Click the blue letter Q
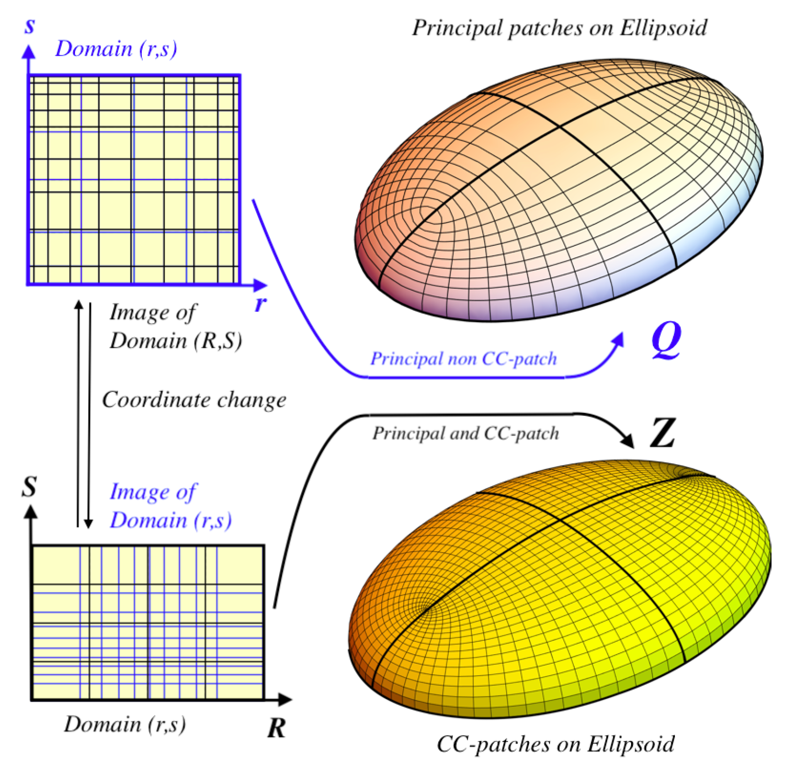666,340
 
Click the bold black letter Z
662,433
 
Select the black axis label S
29,486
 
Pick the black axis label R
276,728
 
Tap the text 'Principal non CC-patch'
464,358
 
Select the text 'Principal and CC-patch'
465,433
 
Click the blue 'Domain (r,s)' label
116,49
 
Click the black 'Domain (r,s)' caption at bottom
125,724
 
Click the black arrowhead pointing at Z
628,441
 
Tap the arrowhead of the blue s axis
29,51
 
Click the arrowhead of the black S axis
31,511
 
